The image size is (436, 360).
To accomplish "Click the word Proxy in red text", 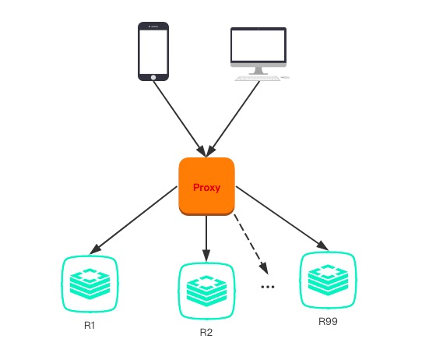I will click(206, 188).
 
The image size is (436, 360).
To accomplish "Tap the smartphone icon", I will click(153, 51).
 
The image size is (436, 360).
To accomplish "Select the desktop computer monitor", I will click(258, 48).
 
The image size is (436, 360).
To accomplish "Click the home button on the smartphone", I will click(153, 76).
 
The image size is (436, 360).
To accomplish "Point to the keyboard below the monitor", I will click(256, 78).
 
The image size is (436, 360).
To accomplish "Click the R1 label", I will click(90, 324).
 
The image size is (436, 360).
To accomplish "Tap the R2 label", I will click(206, 332).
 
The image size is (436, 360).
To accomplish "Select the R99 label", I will click(328, 320).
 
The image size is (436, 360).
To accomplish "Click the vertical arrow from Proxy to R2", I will click(206, 238).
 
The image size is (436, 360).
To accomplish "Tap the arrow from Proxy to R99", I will click(280, 217).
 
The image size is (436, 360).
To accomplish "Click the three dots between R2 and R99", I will click(268, 287).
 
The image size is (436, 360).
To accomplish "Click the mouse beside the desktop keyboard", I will click(285, 78).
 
